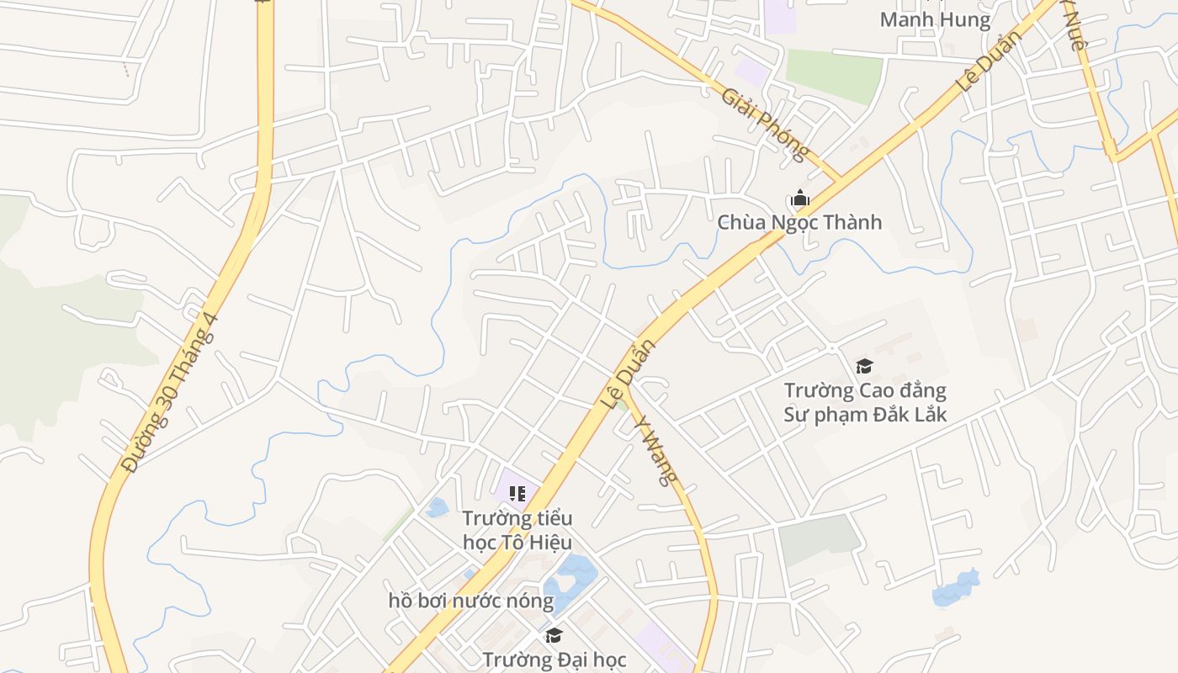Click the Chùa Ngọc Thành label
click(799, 222)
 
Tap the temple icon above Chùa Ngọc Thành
click(799, 199)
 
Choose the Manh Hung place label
click(935, 19)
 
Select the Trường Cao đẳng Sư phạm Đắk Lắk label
click(865, 402)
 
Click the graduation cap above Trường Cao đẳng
click(864, 366)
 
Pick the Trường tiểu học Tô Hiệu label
click(517, 530)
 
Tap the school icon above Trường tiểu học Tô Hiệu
click(517, 494)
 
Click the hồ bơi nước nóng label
click(471, 601)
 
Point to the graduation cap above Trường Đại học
click(554, 635)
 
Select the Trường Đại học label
click(555, 660)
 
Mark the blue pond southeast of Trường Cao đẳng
click(957, 589)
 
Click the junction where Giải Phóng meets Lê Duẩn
click(839, 179)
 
